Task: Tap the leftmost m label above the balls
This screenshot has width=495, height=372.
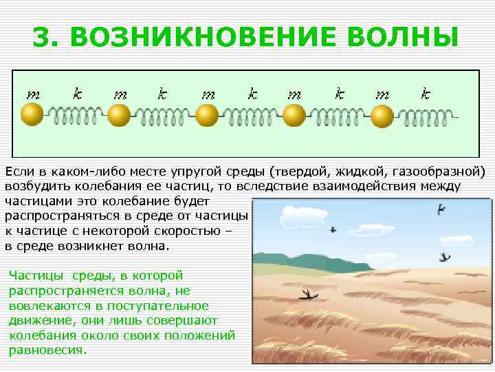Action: coord(32,93)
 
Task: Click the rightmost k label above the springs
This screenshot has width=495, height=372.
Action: coord(426,93)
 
